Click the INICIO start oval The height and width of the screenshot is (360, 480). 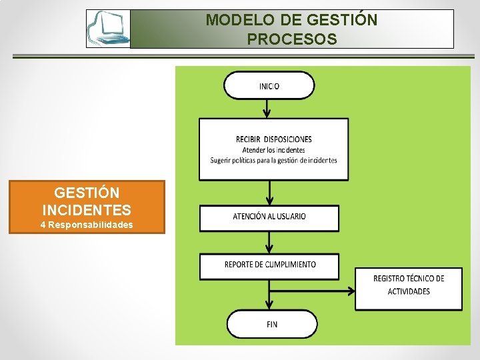tap(269, 85)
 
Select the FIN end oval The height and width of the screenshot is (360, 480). tap(271, 324)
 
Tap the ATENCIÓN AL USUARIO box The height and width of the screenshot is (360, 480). tap(269, 217)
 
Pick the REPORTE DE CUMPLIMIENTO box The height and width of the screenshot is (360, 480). tap(269, 265)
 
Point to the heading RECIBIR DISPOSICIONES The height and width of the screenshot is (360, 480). tap(273, 139)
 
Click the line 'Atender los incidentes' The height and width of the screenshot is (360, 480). tap(273, 150)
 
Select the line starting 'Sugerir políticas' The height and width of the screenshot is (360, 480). tap(273, 160)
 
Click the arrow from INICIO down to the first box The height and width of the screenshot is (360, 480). tap(268, 108)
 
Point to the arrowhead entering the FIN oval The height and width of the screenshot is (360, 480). tap(269, 305)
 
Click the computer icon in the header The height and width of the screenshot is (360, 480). tap(109, 29)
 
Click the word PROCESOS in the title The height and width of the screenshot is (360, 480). tap(291, 39)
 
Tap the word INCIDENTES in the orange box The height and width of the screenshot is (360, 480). tap(87, 209)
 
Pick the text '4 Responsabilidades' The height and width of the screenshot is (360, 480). tap(87, 225)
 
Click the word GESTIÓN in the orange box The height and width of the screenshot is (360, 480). tap(87, 193)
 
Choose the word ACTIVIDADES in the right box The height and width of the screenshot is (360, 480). tap(408, 291)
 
